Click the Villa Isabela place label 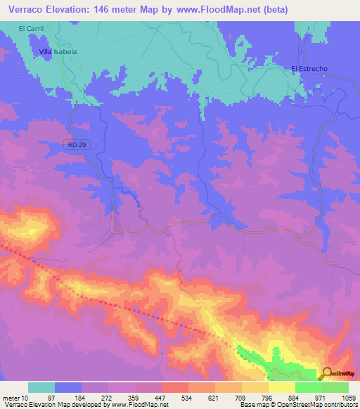[57, 52]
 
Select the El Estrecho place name [309, 68]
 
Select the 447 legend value [160, 397]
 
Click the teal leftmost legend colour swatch [41, 387]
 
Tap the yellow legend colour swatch [281, 387]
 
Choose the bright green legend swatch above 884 [308, 387]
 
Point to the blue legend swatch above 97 [67, 387]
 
